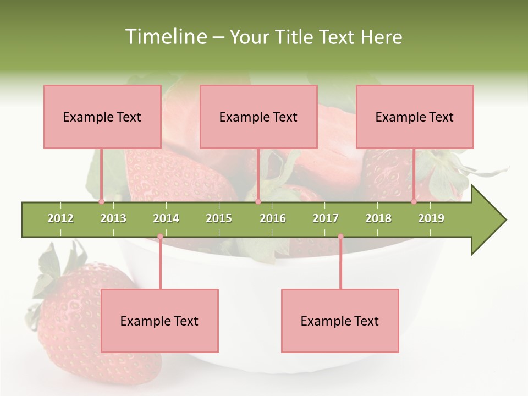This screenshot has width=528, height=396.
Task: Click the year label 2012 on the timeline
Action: click(x=61, y=219)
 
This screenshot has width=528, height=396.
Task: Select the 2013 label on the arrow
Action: click(x=113, y=219)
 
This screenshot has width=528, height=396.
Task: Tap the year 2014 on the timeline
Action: click(x=166, y=219)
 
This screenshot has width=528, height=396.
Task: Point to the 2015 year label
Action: click(x=219, y=219)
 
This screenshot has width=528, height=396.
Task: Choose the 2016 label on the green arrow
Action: click(x=273, y=219)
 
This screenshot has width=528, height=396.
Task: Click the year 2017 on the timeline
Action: click(x=326, y=219)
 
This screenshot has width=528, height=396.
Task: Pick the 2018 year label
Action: click(x=378, y=219)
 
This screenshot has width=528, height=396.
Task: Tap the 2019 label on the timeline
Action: click(x=431, y=219)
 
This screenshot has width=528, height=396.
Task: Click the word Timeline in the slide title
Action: click(x=164, y=37)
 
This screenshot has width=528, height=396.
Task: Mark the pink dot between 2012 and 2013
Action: click(x=102, y=202)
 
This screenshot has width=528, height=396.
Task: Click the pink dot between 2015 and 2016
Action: click(x=258, y=202)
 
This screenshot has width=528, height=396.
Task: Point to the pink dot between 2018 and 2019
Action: click(x=414, y=202)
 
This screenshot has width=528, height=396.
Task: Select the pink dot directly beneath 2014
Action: click(x=160, y=237)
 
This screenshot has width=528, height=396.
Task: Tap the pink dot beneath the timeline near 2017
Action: click(x=340, y=237)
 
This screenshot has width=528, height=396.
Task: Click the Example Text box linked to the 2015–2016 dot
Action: click(x=258, y=117)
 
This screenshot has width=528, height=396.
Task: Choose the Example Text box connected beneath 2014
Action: click(x=159, y=321)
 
